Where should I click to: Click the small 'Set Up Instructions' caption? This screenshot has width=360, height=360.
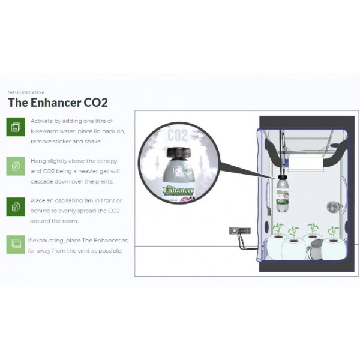pos(26,92)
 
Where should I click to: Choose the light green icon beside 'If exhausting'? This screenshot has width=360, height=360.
pos(15,244)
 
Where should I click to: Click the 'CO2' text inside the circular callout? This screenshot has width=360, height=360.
pos(175,133)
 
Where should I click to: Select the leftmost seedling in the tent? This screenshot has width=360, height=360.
pos(278,229)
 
